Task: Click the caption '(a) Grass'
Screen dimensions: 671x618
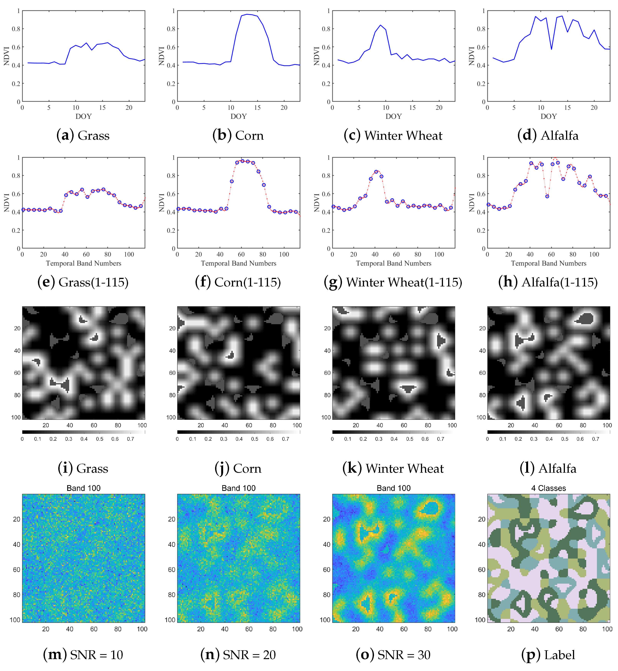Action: (x=83, y=135)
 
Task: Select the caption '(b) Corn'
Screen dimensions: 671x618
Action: (x=238, y=135)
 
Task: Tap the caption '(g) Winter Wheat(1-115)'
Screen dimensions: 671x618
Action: (x=393, y=282)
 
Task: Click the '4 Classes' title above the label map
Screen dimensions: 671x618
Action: (x=548, y=488)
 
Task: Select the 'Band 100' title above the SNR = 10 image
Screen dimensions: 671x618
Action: (x=83, y=488)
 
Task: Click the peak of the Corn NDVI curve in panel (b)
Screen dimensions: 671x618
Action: (x=247, y=14)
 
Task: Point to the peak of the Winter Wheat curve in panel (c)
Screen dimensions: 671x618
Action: (x=380, y=25)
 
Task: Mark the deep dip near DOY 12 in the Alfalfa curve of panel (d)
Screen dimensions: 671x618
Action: (x=551, y=49)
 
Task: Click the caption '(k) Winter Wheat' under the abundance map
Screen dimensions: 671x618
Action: (x=393, y=468)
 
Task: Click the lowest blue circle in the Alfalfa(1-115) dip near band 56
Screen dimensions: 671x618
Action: (x=547, y=196)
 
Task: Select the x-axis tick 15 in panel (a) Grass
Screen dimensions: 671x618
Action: (x=102, y=108)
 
